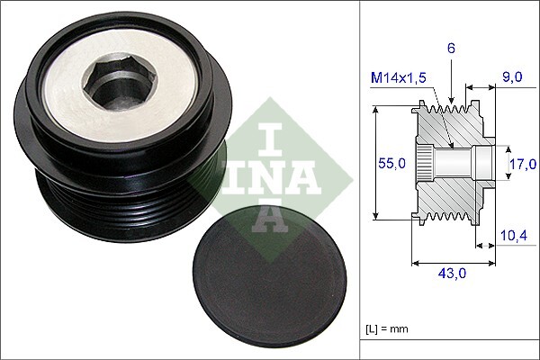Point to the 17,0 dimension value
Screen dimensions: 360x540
[x=522, y=163]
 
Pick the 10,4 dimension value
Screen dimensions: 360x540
[x=512, y=236]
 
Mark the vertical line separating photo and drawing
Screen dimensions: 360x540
[x=360, y=180]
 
